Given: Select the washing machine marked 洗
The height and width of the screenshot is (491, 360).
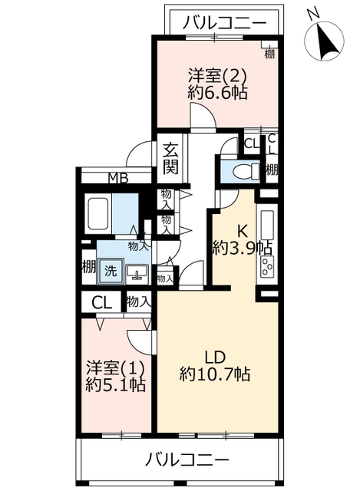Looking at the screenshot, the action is pos(111,271).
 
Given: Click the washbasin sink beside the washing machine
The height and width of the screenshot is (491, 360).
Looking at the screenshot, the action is pos(137,272).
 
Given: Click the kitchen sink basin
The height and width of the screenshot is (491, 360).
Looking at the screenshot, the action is pos(267,225).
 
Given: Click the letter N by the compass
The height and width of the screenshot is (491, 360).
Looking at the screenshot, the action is pos(312,13).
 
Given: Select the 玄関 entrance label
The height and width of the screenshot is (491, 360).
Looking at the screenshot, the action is pos(171,158).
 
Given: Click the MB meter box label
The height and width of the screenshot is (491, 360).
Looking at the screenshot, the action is pos(118,179).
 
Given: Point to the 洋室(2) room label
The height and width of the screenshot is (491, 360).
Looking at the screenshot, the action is pos(216,75).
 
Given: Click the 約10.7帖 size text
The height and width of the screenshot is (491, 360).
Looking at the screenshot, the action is pos(215,374).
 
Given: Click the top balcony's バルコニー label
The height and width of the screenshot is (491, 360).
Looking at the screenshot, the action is pos(224,23).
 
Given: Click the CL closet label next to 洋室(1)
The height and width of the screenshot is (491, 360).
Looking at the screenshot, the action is pos(101,303).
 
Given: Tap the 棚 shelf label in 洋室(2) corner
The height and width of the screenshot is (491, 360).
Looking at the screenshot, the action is pos(269,54).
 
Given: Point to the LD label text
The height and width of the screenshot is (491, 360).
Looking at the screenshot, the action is pos(215,358).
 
